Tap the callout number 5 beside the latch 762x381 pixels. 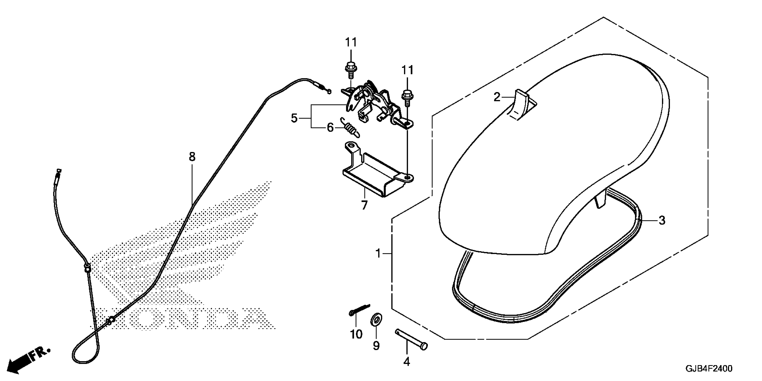[x=294, y=118]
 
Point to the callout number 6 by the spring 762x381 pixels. [x=330, y=128]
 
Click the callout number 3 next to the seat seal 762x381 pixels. [x=662, y=220]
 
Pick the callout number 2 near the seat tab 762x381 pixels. [x=497, y=97]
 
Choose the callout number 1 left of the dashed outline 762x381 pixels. [x=378, y=253]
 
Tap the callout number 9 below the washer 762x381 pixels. [x=376, y=345]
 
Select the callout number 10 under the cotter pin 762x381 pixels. [x=356, y=334]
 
